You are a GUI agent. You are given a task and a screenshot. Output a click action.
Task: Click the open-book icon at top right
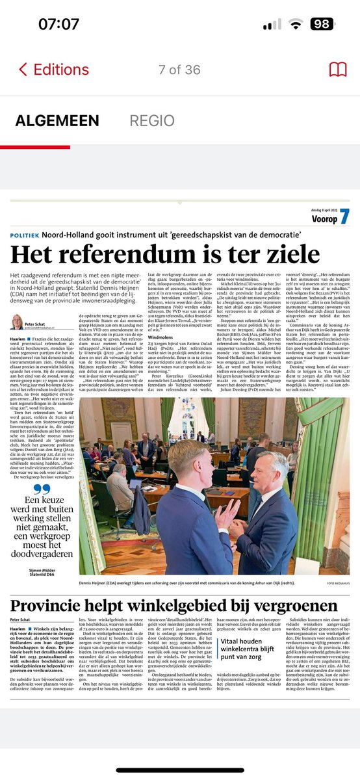338,70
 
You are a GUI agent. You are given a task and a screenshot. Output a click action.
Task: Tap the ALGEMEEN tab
57,121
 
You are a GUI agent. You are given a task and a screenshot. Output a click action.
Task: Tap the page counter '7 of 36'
180,70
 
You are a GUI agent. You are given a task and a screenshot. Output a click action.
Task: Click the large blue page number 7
344,217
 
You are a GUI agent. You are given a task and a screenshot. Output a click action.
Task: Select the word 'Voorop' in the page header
324,219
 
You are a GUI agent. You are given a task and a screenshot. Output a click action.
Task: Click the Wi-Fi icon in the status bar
296,25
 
